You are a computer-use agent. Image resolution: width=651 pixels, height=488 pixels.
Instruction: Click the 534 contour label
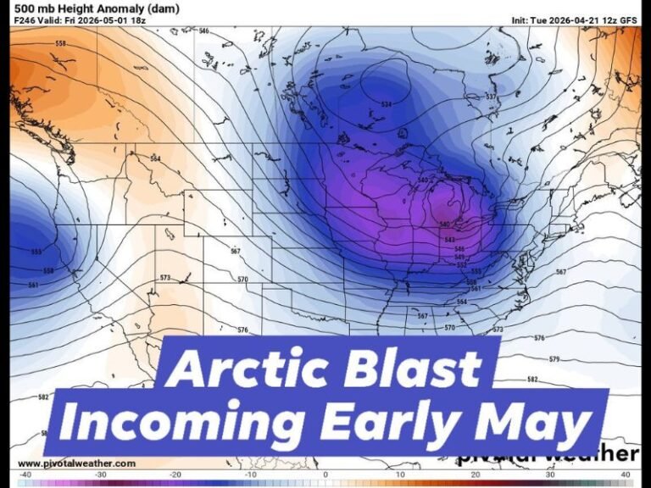tap(387, 104)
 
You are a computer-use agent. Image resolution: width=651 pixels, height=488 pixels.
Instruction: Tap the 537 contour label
tap(491, 97)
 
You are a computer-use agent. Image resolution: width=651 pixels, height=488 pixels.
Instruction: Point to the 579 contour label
tap(554, 359)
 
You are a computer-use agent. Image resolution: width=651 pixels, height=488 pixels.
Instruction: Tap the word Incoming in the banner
tap(181, 422)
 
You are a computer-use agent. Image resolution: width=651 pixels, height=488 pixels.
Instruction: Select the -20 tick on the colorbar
tap(175, 474)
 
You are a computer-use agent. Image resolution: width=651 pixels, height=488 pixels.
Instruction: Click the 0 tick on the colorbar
tap(325, 474)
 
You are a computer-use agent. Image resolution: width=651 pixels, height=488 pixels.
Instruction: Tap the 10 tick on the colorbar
tap(400, 474)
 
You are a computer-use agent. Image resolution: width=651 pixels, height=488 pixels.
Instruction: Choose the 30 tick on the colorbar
tap(550, 474)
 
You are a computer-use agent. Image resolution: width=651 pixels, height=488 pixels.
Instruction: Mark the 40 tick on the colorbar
tap(626, 474)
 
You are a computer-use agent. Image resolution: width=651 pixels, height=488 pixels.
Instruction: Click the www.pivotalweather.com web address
tap(76, 463)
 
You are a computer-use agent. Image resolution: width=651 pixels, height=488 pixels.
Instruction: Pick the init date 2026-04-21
tap(576, 19)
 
